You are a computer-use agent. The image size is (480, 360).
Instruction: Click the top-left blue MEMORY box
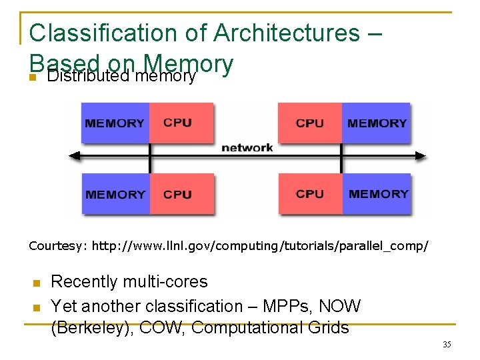click(115, 123)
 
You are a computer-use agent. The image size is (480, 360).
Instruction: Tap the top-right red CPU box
click(309, 123)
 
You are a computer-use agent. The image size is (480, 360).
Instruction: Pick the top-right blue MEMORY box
click(376, 123)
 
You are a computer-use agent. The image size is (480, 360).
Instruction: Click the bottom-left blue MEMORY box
click(115, 194)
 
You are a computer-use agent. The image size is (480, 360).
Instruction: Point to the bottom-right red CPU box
click(310, 193)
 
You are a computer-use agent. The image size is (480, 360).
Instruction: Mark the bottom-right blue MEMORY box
click(377, 193)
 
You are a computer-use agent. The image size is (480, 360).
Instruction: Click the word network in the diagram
click(247, 147)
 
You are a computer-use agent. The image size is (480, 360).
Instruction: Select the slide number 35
click(447, 345)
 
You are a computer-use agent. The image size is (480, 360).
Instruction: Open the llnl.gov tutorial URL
click(260, 246)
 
